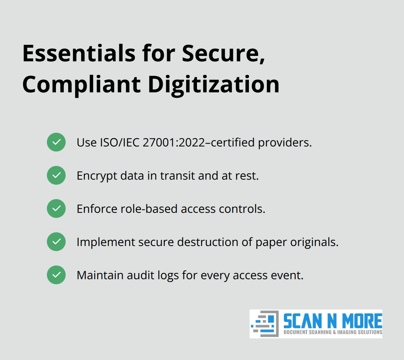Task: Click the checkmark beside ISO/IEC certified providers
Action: point(56,142)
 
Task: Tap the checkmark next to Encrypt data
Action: point(56,175)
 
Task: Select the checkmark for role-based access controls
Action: point(56,208)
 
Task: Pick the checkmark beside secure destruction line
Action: point(56,242)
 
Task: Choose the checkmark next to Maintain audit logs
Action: point(56,275)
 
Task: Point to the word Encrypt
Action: point(97,176)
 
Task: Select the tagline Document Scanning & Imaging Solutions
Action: point(333,332)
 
